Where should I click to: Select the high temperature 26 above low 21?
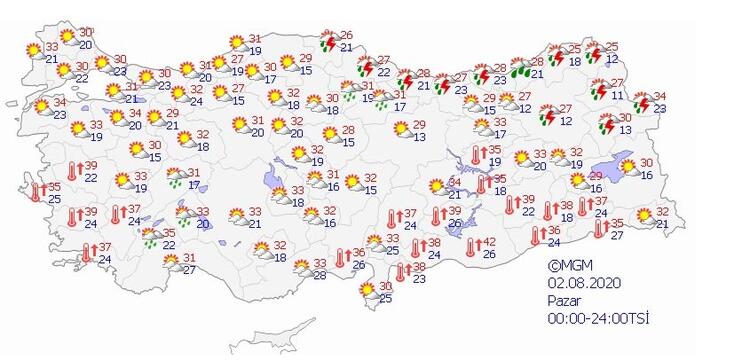(x=347, y=36)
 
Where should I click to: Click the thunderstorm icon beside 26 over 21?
(x=328, y=42)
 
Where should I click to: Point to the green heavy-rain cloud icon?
(x=520, y=69)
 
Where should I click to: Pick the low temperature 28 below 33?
(x=319, y=275)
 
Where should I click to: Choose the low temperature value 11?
(x=618, y=96)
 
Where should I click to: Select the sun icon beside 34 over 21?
(x=436, y=186)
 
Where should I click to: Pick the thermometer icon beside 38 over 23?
(x=400, y=272)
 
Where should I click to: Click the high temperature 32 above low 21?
(x=661, y=212)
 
